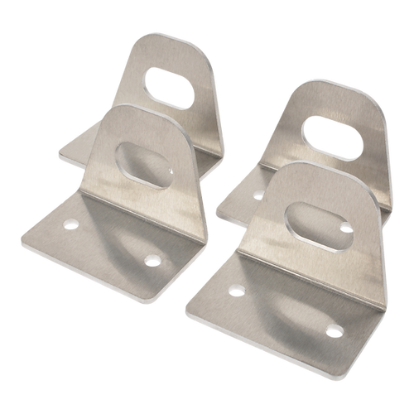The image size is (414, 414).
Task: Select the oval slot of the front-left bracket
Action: click(x=145, y=165)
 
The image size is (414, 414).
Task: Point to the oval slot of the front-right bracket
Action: click(x=311, y=224)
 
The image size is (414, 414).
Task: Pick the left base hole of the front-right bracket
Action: click(x=236, y=290)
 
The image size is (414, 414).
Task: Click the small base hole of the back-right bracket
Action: click(x=258, y=194)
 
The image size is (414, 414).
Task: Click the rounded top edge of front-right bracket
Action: click(x=310, y=170)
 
